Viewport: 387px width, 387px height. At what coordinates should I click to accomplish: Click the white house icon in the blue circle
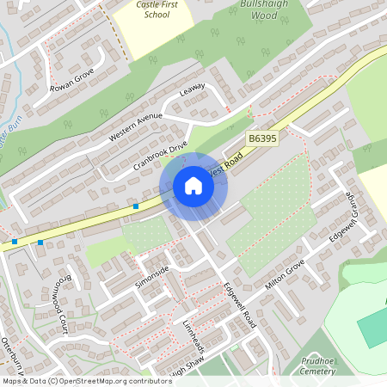[x=193, y=186]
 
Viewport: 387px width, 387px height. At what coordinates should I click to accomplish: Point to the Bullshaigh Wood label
[x=258, y=10]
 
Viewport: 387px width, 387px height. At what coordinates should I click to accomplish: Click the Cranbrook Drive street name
[x=160, y=161]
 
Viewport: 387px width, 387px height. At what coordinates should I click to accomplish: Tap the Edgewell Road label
[x=240, y=305]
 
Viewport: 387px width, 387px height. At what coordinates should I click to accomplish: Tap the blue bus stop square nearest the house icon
[x=136, y=206]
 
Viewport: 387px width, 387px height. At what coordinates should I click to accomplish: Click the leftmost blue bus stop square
[x=15, y=241]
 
